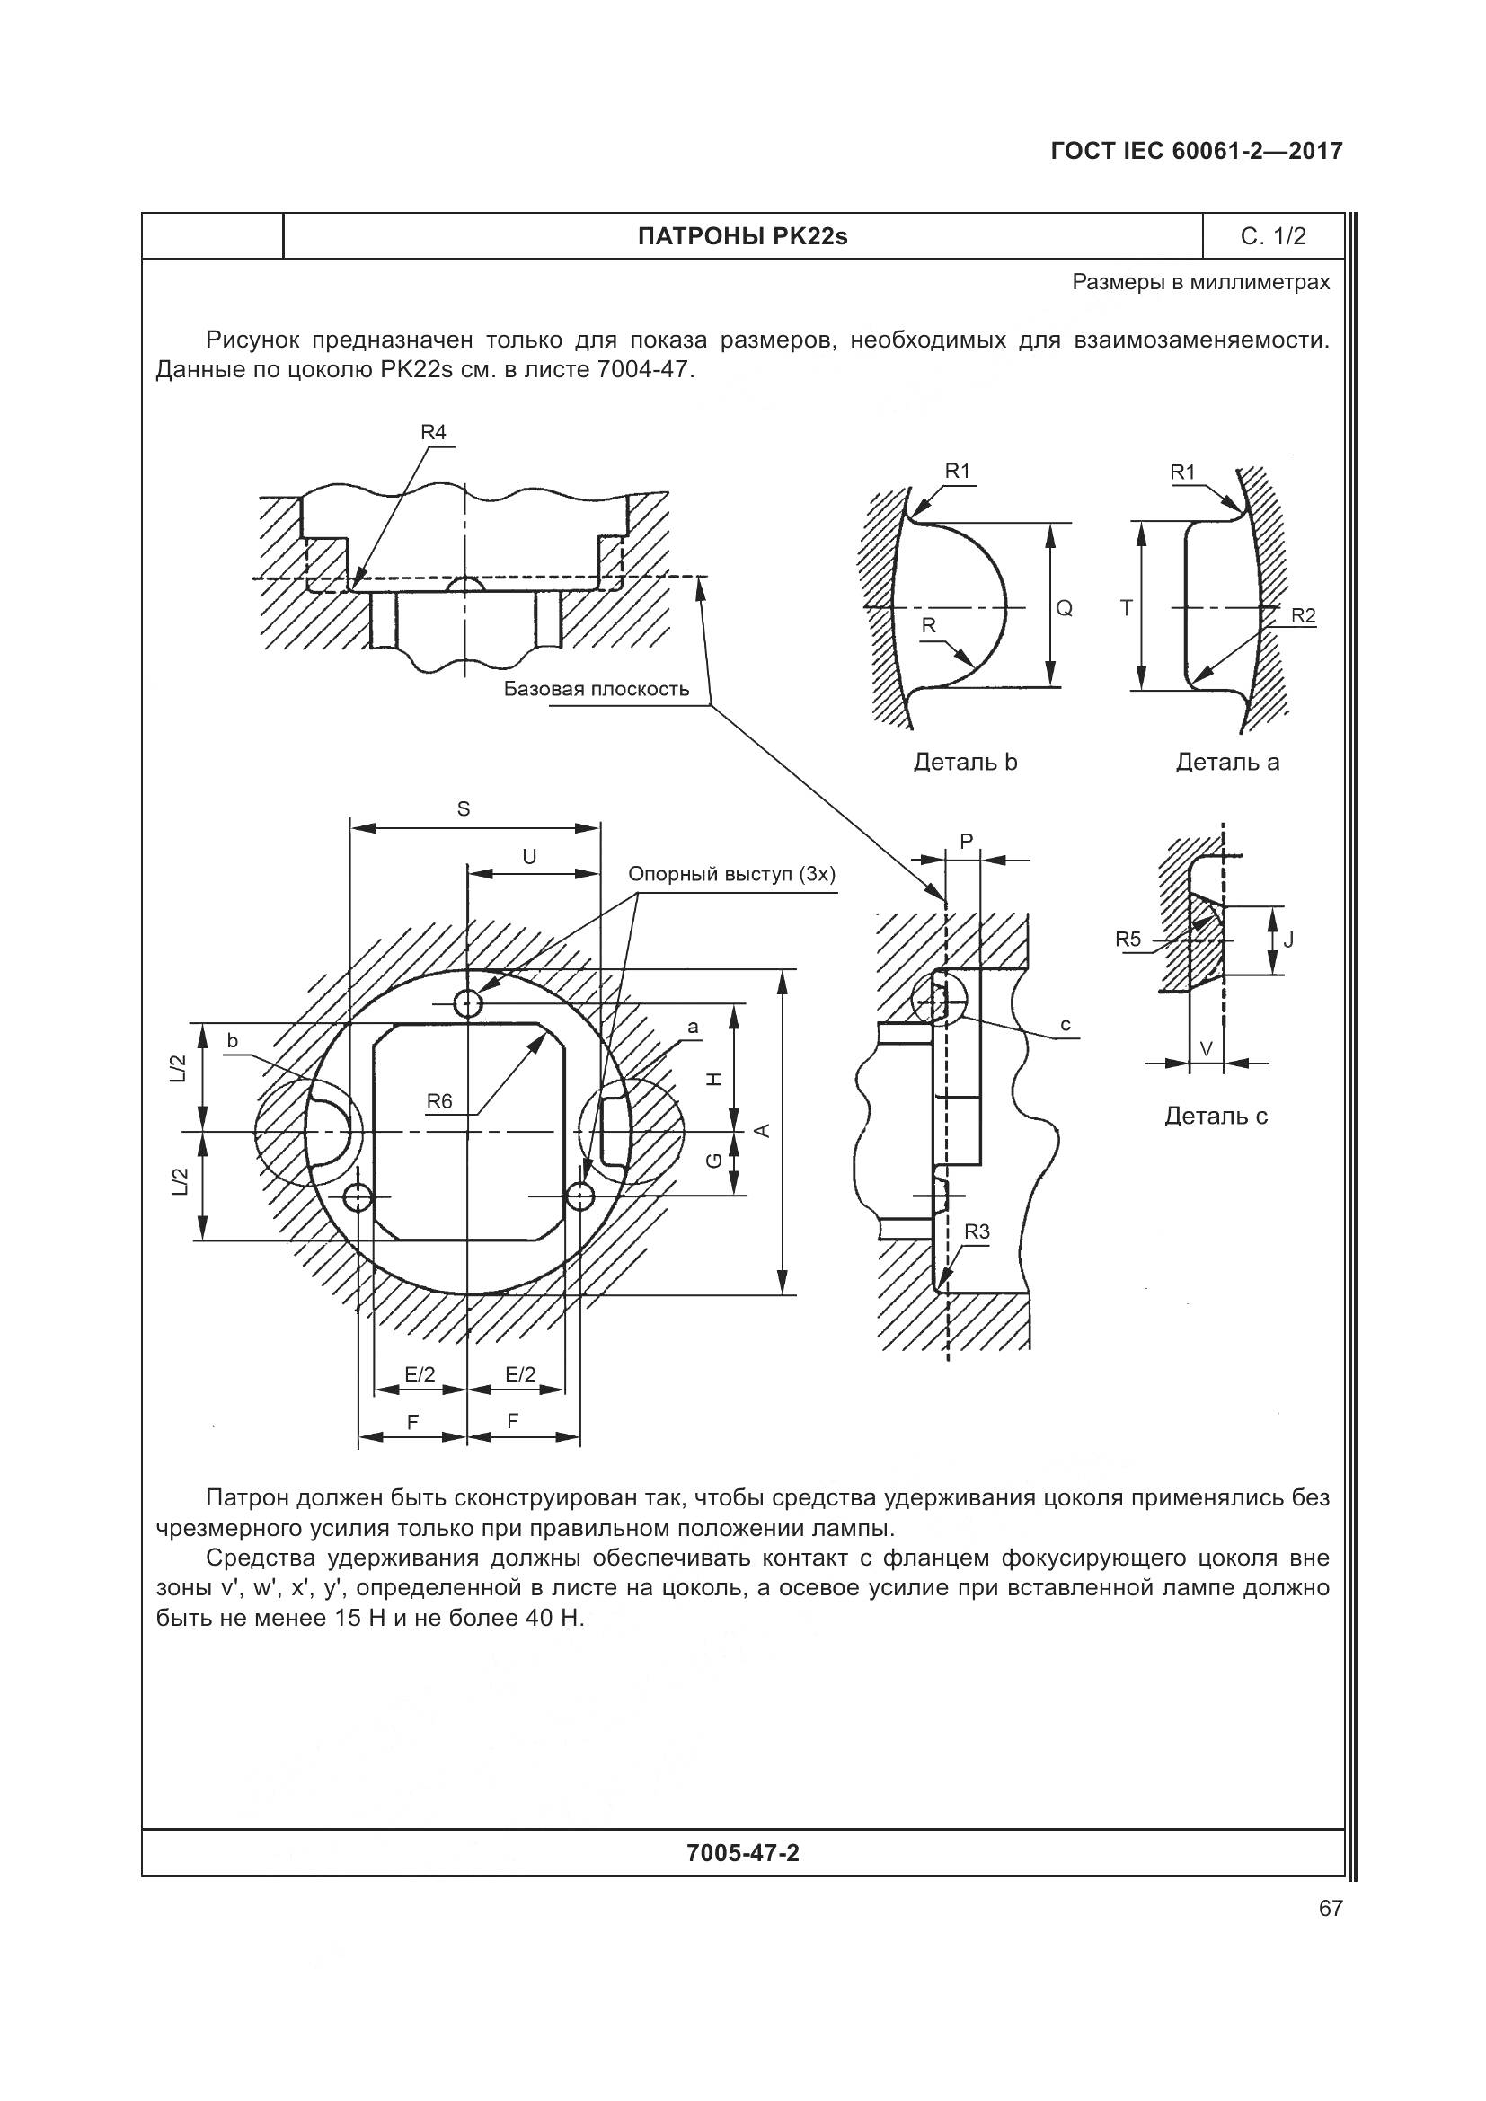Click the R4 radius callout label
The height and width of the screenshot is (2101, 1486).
tap(433, 432)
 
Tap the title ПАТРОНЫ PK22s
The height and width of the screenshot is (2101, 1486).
tap(742, 237)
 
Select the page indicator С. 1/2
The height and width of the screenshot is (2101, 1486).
tap(1273, 237)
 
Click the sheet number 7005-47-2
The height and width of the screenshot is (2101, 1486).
tap(742, 1853)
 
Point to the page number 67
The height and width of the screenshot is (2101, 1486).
tap(1331, 1908)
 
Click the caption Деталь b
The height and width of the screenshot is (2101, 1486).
tap(965, 763)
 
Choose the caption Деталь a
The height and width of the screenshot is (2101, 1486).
tap(1227, 763)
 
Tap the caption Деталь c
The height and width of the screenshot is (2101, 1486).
tap(1216, 1116)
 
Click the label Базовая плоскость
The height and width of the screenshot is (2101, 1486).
tap(597, 689)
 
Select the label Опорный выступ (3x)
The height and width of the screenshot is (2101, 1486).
tap(732, 874)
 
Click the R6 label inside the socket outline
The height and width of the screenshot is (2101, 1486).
tap(439, 1102)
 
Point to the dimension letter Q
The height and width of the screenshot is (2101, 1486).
tap(1064, 607)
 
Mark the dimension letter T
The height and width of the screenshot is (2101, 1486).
tap(1127, 607)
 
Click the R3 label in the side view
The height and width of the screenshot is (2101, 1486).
tap(977, 1231)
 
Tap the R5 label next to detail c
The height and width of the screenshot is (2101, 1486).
tap(1128, 939)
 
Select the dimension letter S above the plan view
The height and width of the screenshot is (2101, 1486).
tap(463, 809)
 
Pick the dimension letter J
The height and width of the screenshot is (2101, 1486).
tap(1288, 939)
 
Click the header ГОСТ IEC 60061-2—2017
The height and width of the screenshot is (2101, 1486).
tap(1196, 151)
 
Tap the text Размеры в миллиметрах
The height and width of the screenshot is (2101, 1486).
tap(1200, 283)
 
